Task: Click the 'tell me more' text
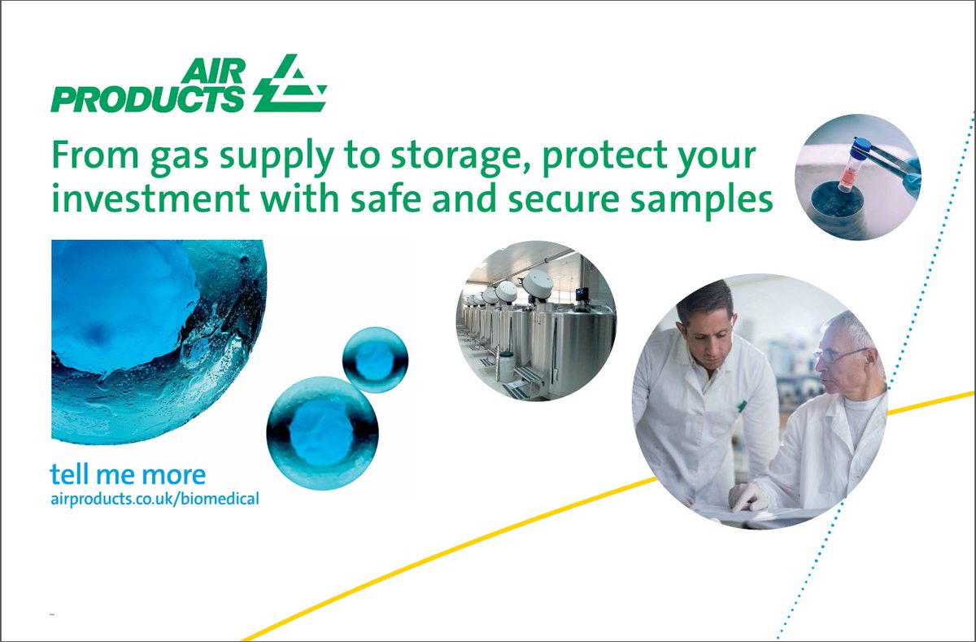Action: click(x=128, y=474)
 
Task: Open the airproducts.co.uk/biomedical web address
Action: click(x=155, y=498)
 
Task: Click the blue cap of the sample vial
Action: click(x=861, y=146)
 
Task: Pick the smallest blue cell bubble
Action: click(x=375, y=360)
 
